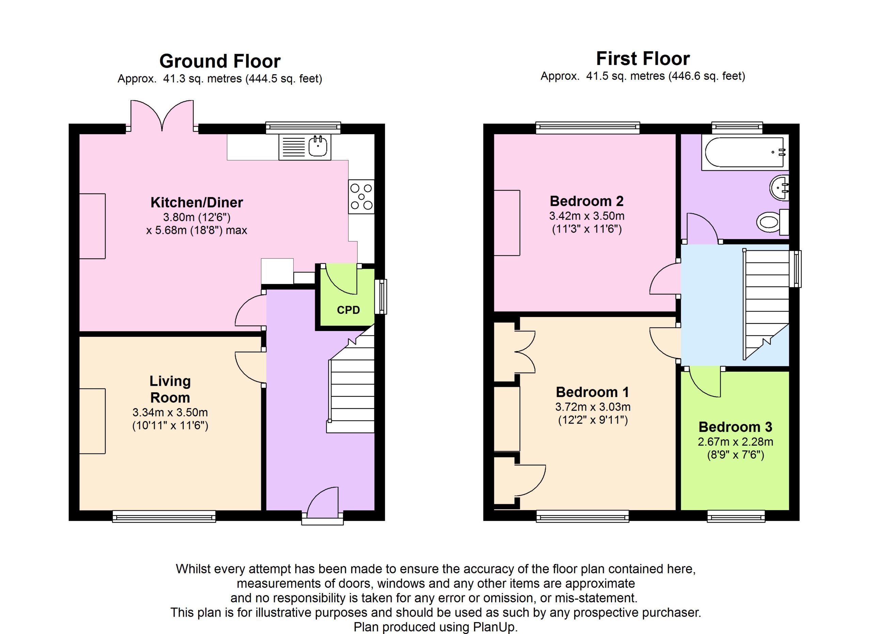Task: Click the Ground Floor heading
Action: click(220, 61)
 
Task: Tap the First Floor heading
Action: click(643, 59)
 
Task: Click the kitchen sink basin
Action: click(317, 146)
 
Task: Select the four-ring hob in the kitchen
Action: click(361, 197)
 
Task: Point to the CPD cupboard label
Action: click(348, 310)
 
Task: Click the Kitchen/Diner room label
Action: click(197, 202)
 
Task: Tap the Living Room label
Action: click(170, 389)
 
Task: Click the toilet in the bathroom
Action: click(773, 222)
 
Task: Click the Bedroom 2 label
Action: click(587, 201)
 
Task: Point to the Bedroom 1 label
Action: click(592, 392)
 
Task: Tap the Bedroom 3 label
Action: click(735, 427)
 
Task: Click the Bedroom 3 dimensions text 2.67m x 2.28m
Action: click(735, 442)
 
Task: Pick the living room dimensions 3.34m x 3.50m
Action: click(170, 412)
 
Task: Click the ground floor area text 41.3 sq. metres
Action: click(202, 79)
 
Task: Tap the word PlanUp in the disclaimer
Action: click(495, 627)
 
